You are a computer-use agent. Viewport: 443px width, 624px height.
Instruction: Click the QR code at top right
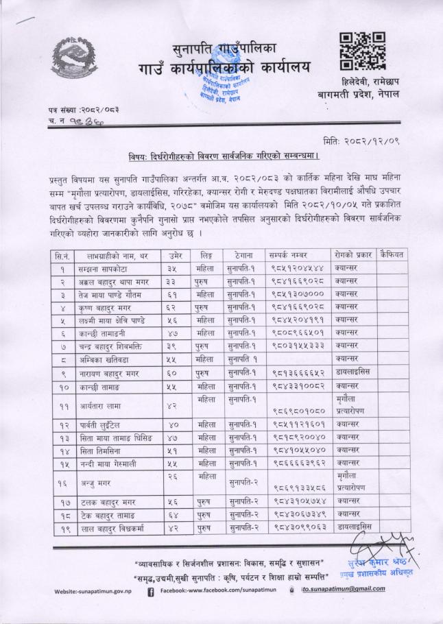[x=362, y=50]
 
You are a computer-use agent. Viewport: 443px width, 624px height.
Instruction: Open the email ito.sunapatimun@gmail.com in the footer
[x=342, y=589]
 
